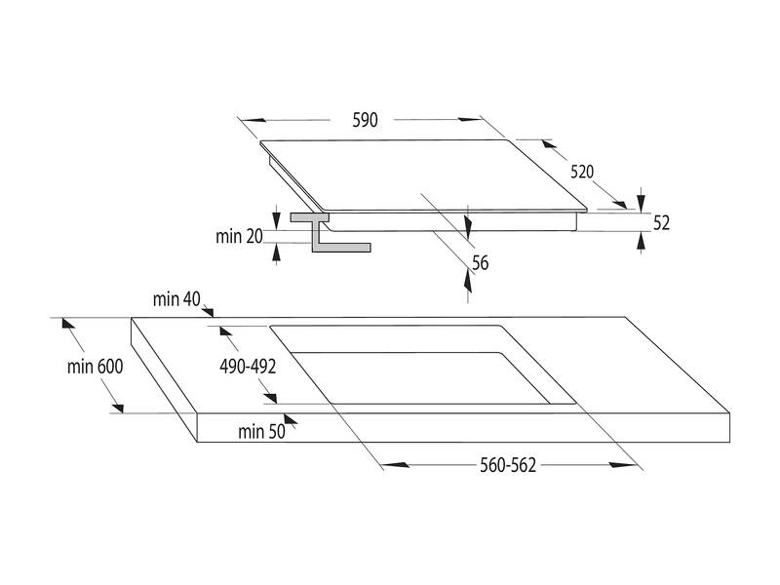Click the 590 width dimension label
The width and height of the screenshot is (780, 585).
364,120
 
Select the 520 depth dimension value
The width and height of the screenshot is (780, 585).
582,172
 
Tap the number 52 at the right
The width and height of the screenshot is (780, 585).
661,222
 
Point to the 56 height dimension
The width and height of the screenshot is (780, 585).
480,261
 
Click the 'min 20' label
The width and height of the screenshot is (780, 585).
240,235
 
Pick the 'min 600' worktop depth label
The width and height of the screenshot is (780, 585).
96,367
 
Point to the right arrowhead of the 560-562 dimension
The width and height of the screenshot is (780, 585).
633,465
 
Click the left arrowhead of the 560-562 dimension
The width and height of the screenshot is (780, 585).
386,465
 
